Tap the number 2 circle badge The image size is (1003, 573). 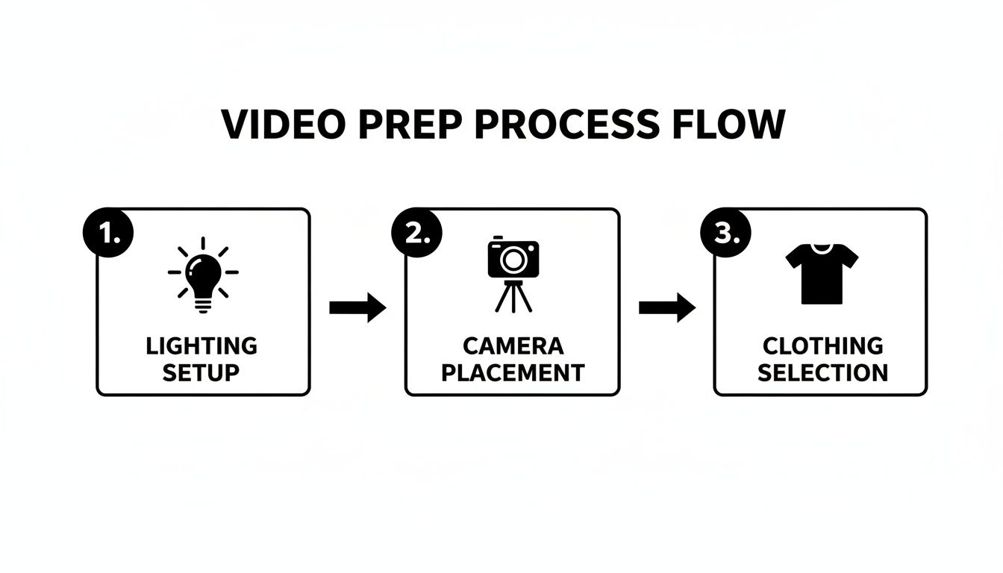click(x=416, y=233)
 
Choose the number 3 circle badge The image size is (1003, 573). click(x=725, y=233)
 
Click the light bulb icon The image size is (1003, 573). click(x=203, y=273)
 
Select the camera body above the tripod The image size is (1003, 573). click(x=513, y=257)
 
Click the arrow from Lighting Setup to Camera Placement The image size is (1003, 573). click(x=357, y=307)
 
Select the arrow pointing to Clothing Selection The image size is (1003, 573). click(x=667, y=307)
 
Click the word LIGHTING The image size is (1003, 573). click(x=202, y=346)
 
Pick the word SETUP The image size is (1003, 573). click(x=202, y=372)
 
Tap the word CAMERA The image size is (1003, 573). click(x=513, y=346)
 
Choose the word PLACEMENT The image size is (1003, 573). click(x=513, y=372)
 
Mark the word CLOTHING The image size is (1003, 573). click(x=822, y=346)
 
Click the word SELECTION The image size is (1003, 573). click(x=822, y=372)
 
